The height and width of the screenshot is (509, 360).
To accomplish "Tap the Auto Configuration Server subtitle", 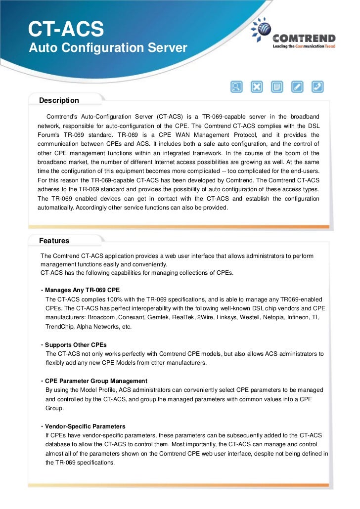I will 108,48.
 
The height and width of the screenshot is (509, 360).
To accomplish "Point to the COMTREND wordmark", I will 304,38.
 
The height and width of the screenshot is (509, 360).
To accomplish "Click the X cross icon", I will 257,87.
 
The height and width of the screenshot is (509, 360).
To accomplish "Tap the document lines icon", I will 277,87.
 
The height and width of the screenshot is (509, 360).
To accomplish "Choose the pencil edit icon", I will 297,87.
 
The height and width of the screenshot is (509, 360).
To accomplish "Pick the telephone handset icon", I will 317,87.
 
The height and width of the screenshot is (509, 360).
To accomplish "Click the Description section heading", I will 59,100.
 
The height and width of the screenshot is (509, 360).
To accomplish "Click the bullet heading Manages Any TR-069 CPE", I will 82,290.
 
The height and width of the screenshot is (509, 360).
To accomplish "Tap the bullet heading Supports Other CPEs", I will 76,344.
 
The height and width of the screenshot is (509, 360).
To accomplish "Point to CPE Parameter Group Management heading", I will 96,381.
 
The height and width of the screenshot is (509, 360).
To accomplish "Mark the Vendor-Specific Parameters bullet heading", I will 85,426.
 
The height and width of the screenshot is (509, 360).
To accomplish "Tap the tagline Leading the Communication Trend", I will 304,46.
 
